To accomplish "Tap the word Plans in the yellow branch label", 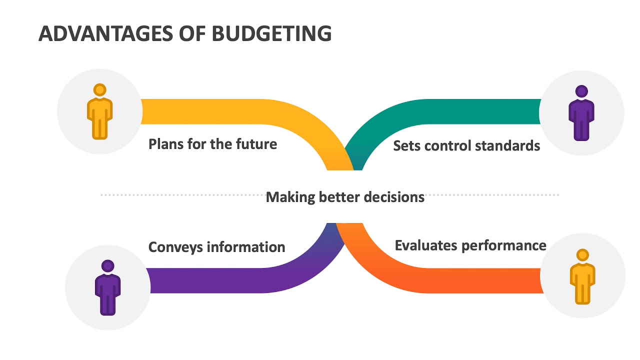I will [x=166, y=144].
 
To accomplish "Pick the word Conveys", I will [x=175, y=247].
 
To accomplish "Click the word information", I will [x=246, y=247].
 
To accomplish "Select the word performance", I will [x=503, y=246].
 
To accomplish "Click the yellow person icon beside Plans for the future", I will [x=100, y=111].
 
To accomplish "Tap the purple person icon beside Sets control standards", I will [x=581, y=112].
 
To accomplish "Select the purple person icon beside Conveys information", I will [x=107, y=287].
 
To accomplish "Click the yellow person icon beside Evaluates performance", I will [x=582, y=276].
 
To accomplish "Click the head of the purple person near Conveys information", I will [x=107, y=265].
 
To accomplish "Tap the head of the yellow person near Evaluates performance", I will [x=582, y=255].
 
